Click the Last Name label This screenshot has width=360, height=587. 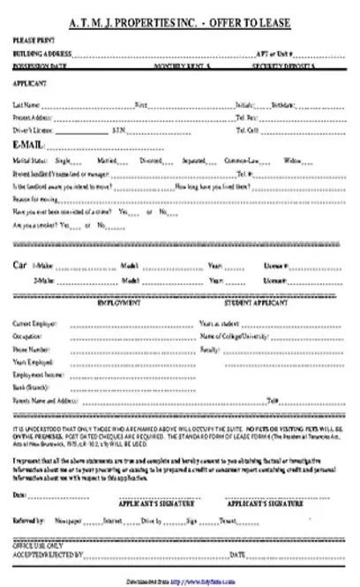coord(25,104)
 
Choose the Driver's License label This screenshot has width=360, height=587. coord(30,130)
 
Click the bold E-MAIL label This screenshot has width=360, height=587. coord(28,145)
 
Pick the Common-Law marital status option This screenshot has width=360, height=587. coord(266,162)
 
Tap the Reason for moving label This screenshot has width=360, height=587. coord(32,199)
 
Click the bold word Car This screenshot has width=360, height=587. coord(19,264)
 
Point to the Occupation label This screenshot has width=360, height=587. coord(27,337)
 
